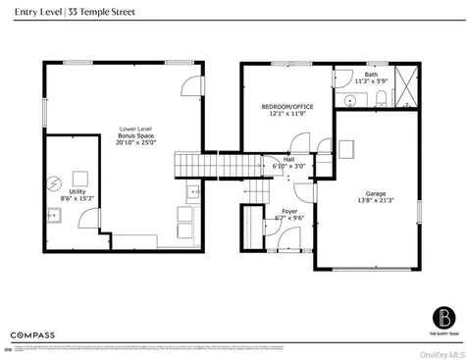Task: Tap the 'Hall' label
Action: click(288, 162)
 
